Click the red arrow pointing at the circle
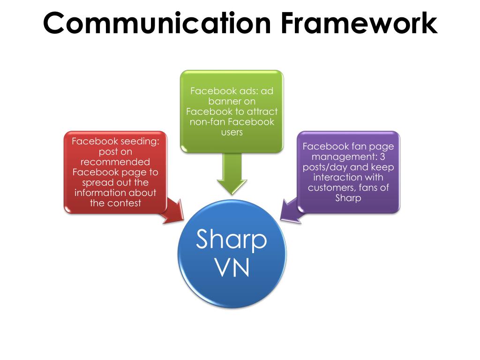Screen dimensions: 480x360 [x=173, y=211]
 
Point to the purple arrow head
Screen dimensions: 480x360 [x=289, y=210]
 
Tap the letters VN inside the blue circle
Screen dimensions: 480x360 [x=232, y=269]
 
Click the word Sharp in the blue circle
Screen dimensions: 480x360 [x=232, y=240]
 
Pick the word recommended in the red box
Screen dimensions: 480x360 [x=115, y=162]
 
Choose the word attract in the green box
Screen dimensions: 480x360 [x=260, y=111]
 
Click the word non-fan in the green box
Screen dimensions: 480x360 [x=207, y=121]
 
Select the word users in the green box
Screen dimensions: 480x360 [x=232, y=132]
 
